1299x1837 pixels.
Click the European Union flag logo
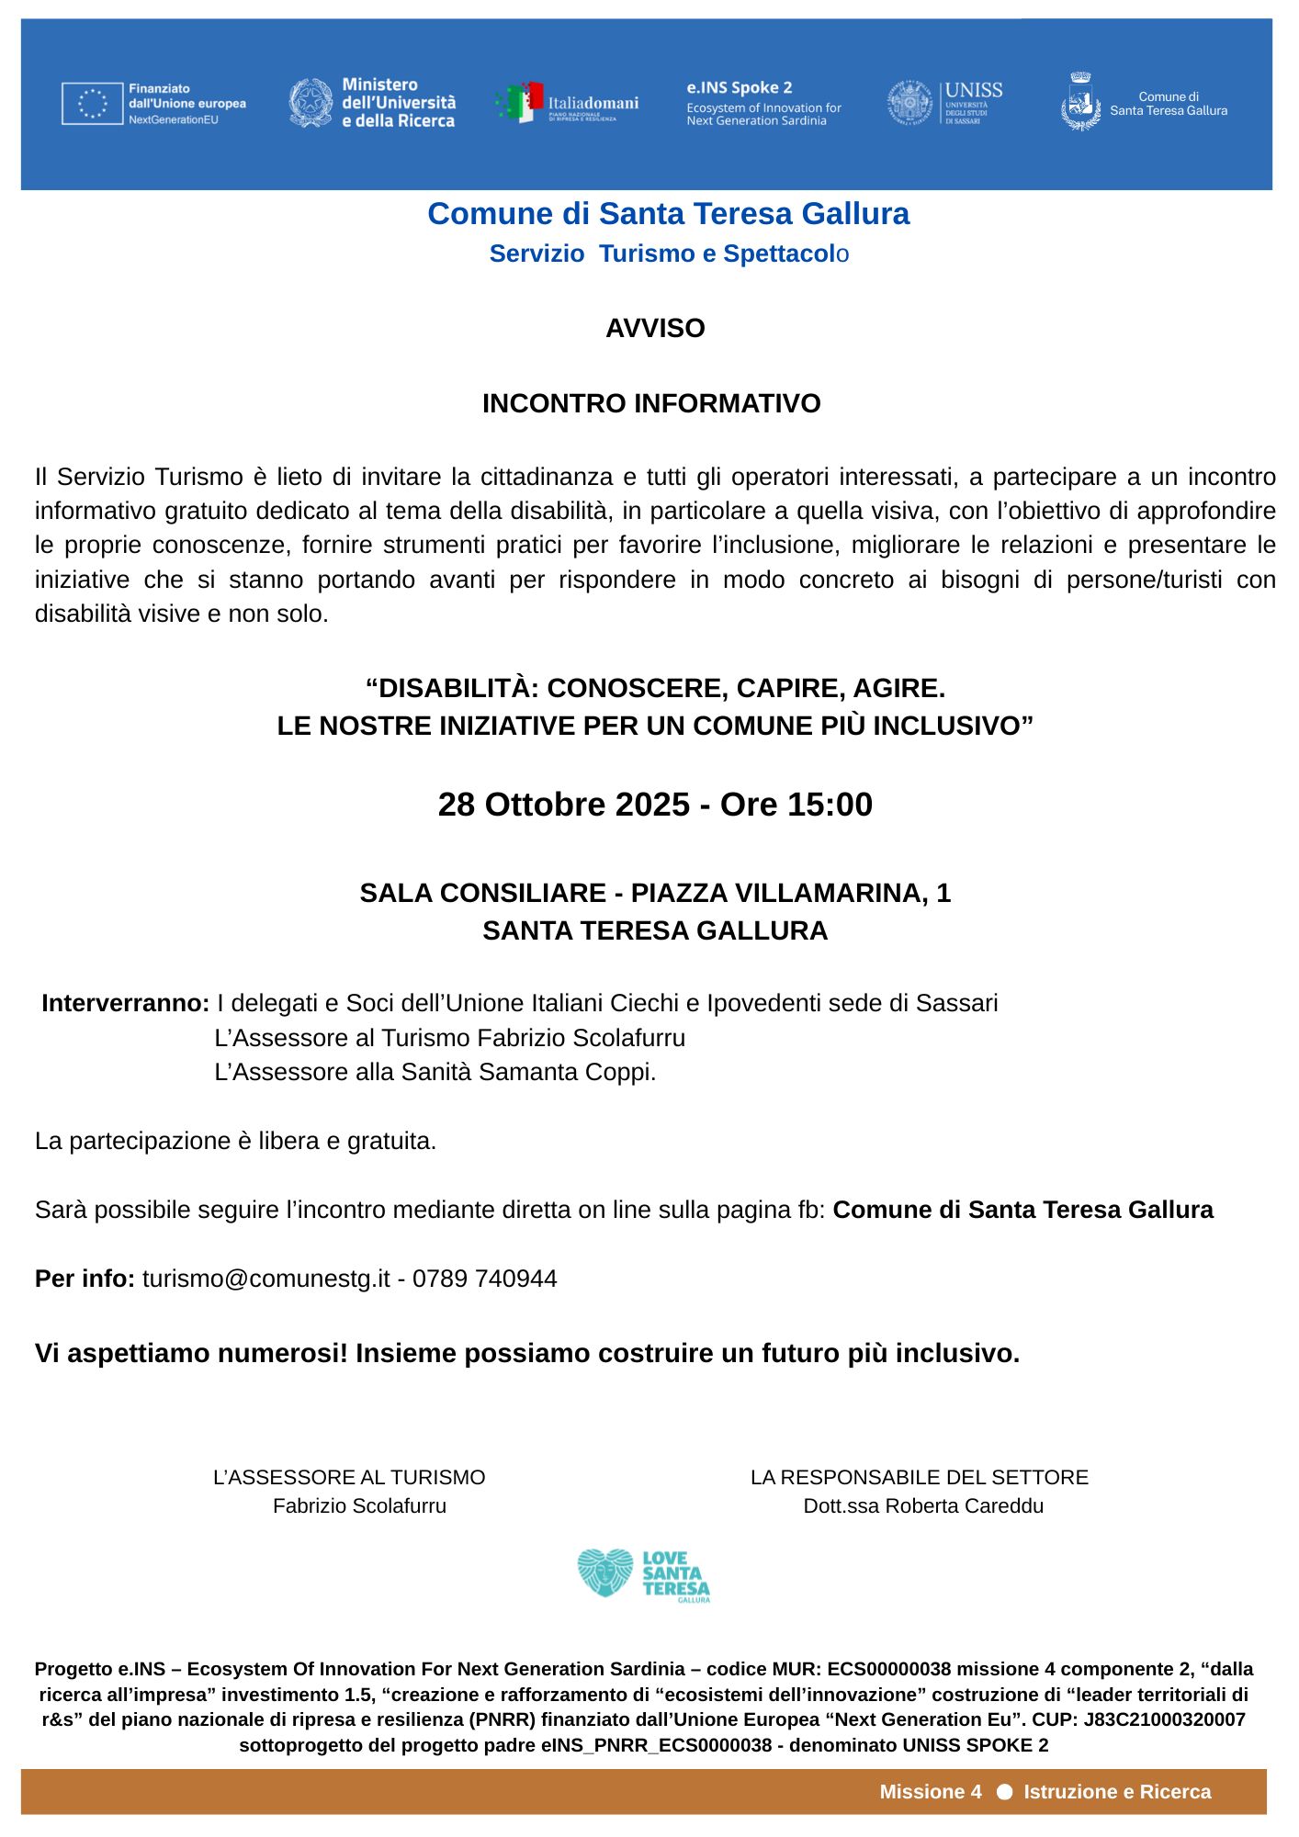(93, 103)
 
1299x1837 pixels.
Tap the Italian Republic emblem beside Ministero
(311, 103)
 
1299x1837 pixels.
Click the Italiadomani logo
(568, 104)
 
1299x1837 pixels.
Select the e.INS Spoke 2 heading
(739, 88)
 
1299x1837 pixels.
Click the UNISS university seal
(909, 103)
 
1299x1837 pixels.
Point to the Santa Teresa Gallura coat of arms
(1080, 103)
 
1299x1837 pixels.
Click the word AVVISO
(655, 329)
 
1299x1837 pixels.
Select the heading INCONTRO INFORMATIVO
(651, 404)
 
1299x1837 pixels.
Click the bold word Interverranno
(126, 1003)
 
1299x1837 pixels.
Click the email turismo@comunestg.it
(265, 1279)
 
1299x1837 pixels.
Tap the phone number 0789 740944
(484, 1279)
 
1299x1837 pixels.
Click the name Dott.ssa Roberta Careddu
(923, 1506)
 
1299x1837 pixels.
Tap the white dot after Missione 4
(1004, 1793)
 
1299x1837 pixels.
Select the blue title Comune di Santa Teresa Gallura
(668, 214)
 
